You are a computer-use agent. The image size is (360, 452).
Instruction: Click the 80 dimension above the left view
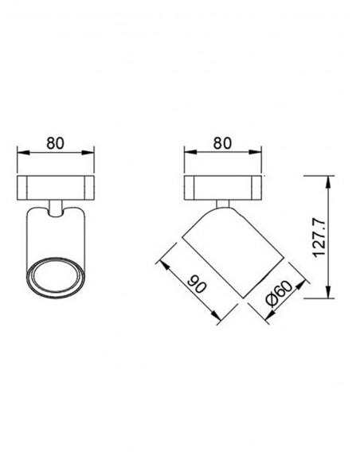pyautogui.click(x=56, y=143)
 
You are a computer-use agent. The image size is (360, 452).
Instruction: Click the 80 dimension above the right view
pyautogui.click(x=222, y=143)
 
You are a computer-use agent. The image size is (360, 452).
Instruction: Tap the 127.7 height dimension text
pyautogui.click(x=319, y=238)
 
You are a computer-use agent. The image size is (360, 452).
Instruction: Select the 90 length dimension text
pyautogui.click(x=197, y=283)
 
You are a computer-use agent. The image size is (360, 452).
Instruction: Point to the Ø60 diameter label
pyautogui.click(x=280, y=293)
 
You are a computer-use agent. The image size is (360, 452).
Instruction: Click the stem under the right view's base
pyautogui.click(x=223, y=204)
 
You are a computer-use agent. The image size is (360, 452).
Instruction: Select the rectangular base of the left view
pyautogui.click(x=56, y=187)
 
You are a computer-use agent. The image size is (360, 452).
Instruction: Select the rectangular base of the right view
pyautogui.click(x=222, y=187)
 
